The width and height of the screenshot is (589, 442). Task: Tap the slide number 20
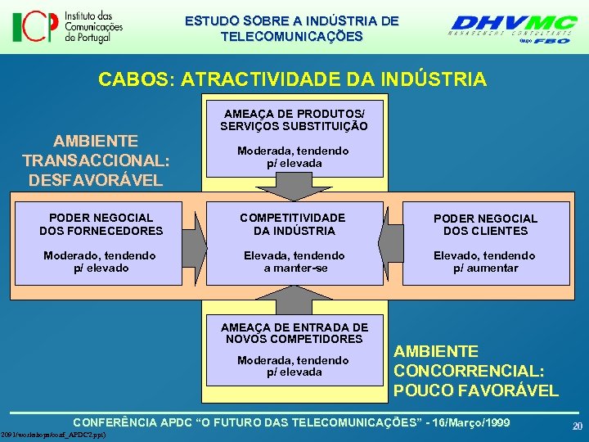577,426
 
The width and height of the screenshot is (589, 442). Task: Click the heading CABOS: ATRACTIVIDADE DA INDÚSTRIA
292,79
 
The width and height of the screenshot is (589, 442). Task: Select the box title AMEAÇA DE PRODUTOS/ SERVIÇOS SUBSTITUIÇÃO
294,120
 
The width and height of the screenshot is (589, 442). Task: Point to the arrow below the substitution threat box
294,189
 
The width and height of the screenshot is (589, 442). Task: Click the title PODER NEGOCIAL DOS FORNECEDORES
101,224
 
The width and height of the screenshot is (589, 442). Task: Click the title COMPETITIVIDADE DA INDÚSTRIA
294,224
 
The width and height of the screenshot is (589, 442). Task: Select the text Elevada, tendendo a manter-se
294,262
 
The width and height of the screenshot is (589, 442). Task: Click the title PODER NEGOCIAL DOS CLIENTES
486,224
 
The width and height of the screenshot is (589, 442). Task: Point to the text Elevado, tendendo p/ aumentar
486,262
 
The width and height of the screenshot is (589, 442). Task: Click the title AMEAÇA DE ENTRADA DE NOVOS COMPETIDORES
294,332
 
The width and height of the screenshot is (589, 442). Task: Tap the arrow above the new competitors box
294,300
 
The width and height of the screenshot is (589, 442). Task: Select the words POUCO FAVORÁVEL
476,390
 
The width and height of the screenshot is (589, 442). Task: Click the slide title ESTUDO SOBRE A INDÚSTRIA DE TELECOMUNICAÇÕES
292,28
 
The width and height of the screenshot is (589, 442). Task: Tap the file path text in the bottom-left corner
53,435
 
